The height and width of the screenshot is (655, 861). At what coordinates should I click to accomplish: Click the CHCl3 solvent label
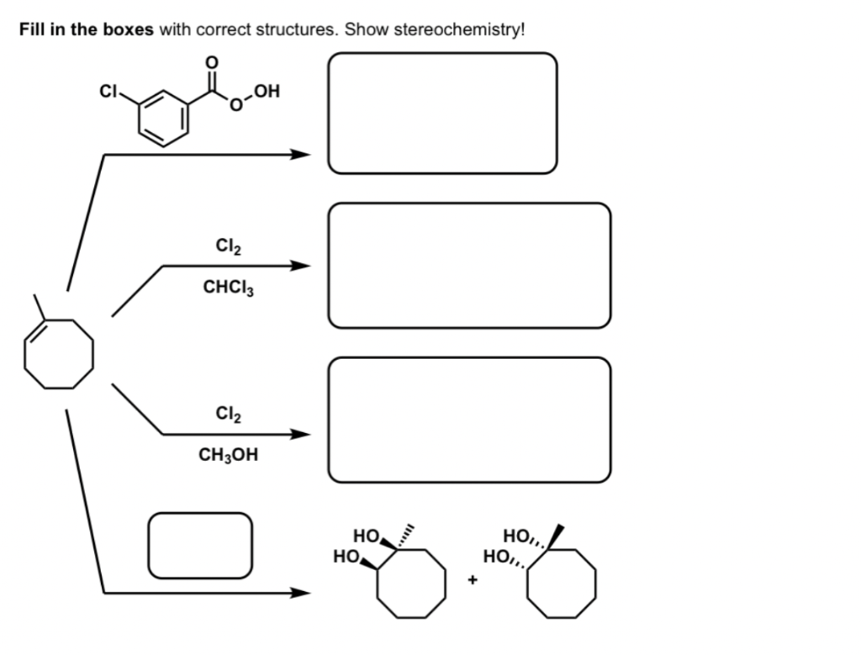point(229,288)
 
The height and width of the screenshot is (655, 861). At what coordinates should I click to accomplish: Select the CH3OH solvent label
point(229,456)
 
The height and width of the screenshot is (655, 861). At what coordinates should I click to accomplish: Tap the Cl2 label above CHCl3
point(230,246)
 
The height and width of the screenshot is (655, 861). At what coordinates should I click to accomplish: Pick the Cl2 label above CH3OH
point(230,414)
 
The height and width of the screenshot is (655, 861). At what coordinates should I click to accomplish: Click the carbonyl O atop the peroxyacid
point(213,62)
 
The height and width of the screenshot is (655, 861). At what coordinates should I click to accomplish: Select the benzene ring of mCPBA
point(160,119)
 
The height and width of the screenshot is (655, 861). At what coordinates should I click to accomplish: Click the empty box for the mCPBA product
point(442,113)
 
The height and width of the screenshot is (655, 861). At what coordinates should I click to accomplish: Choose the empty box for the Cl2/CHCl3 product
point(469,265)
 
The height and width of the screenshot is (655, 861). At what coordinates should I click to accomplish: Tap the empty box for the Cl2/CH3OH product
point(469,420)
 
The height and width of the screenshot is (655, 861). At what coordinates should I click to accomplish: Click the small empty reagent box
point(200,545)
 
